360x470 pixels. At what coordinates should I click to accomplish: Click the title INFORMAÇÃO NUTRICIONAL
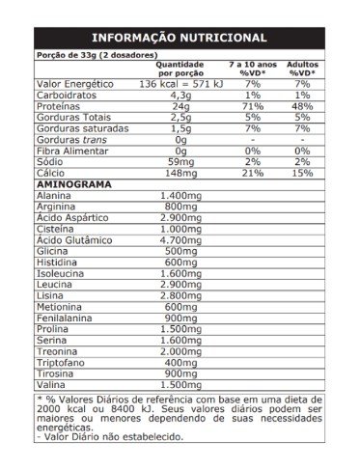179,38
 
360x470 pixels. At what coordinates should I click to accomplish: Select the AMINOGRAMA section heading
73,182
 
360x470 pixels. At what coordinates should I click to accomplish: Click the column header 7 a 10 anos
254,63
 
